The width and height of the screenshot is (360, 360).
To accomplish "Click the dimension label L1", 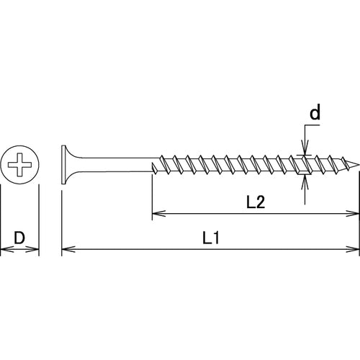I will point(210,237).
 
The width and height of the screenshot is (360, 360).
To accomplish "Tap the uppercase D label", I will point(19,236).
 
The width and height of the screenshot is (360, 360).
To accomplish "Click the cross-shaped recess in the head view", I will point(19,166).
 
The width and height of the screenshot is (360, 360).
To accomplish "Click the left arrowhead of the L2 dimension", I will point(156,214).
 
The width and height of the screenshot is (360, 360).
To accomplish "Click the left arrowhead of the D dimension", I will point(5,250).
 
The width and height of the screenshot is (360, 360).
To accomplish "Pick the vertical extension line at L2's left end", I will point(151,194).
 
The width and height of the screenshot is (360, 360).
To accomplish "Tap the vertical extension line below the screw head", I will point(62,216).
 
